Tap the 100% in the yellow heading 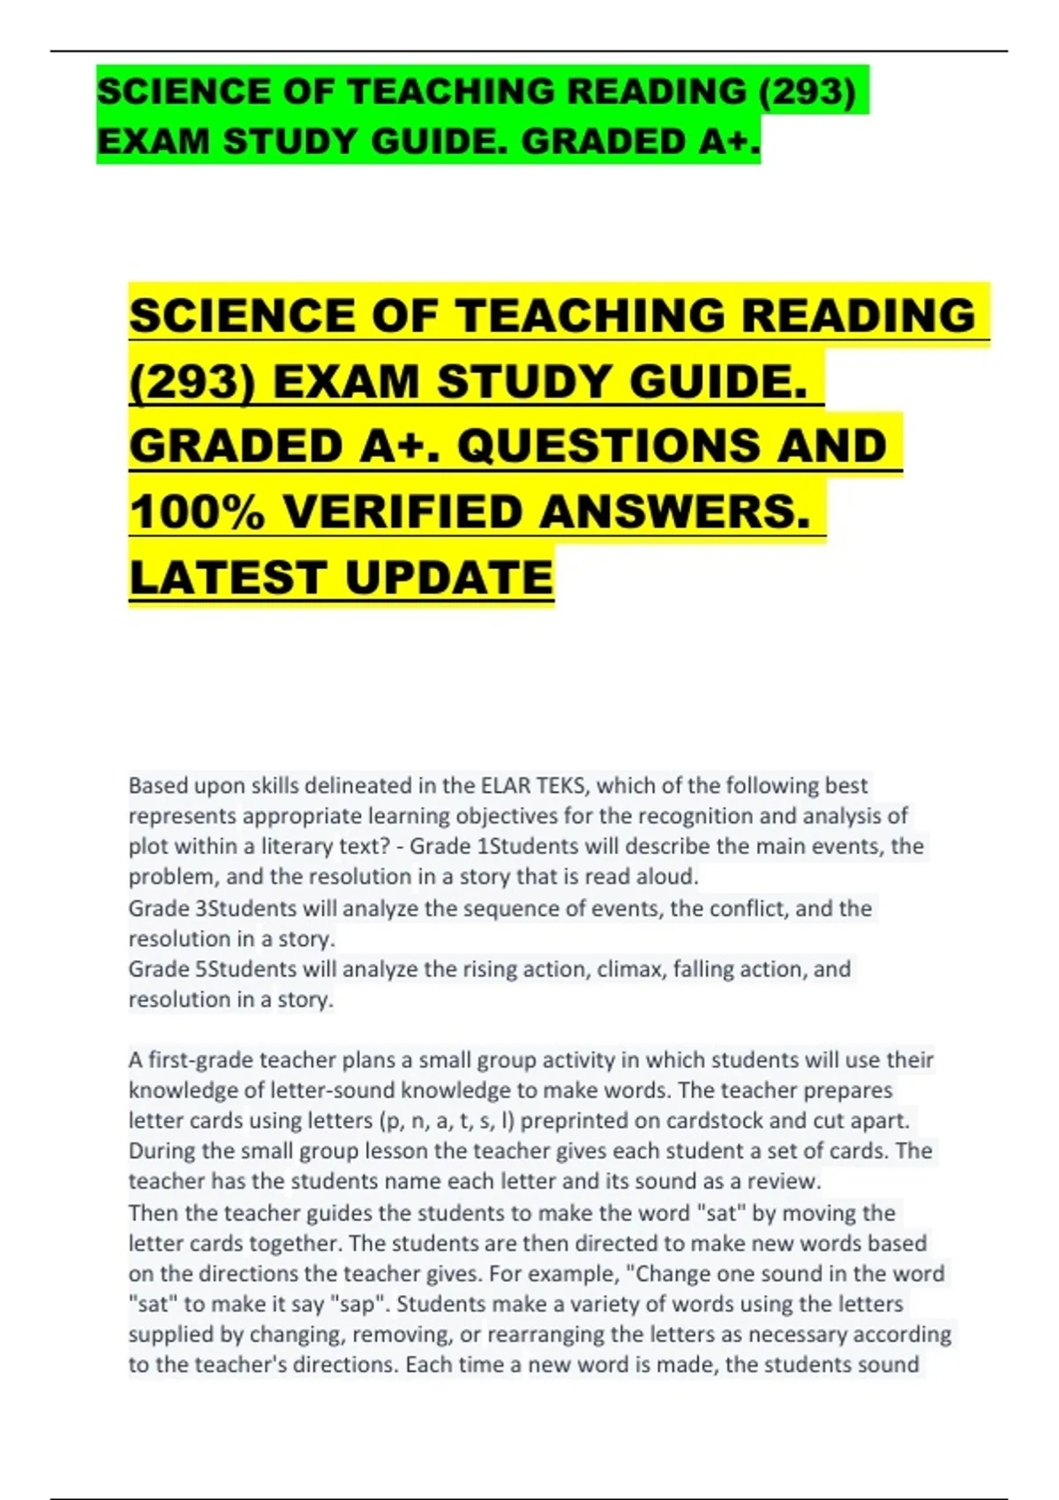pyautogui.click(x=196, y=513)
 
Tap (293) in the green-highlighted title pyautogui.click(x=807, y=92)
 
